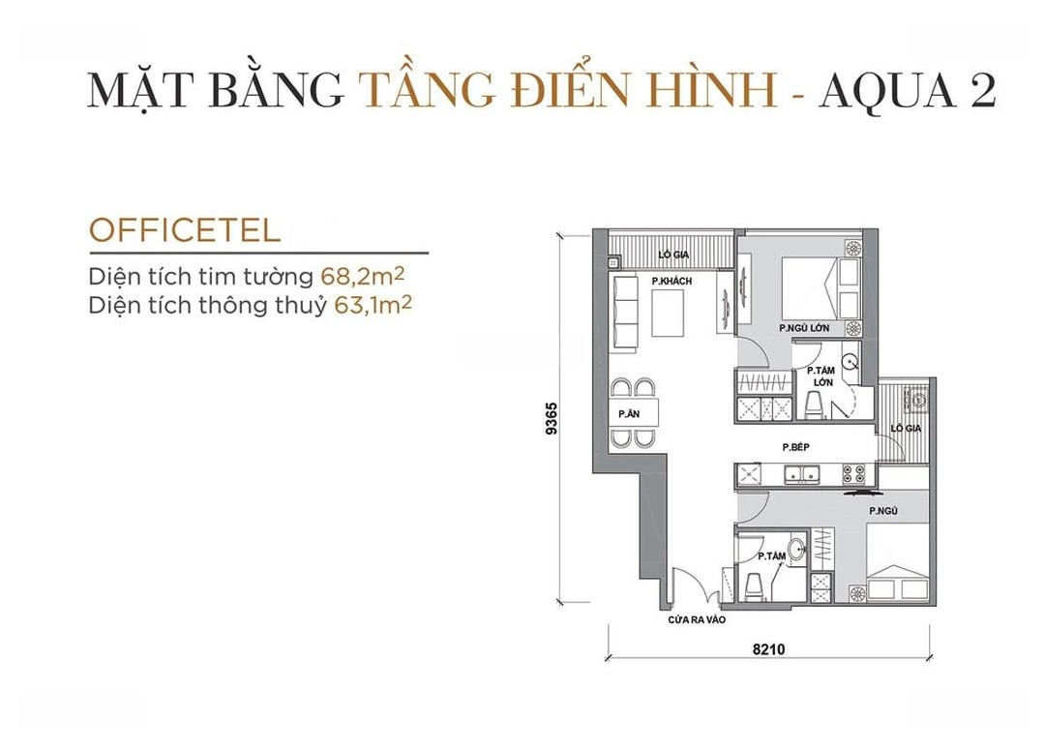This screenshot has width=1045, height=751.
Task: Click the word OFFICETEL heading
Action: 185,230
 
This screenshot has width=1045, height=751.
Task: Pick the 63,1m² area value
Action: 373,305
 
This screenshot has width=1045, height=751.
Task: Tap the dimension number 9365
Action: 552,418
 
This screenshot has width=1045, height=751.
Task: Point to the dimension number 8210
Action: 768,648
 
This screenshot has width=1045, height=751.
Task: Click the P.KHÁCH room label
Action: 672,282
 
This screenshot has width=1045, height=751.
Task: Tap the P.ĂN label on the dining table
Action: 629,414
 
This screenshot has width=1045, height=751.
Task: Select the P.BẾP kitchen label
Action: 795,447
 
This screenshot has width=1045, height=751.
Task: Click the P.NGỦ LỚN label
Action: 804,328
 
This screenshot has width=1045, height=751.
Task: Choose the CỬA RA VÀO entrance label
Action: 697,619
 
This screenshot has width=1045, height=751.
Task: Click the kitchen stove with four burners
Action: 853,474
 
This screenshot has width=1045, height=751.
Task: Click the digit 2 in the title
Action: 983,89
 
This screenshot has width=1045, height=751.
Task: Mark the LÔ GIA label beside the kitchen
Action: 906,429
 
